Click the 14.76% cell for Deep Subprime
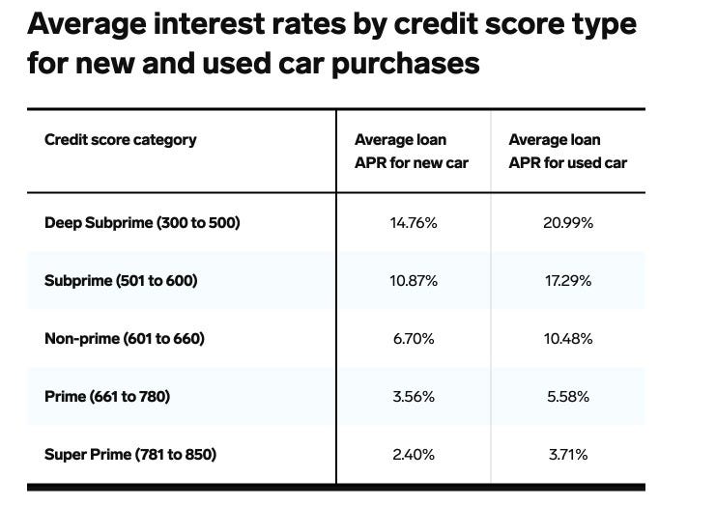(413, 223)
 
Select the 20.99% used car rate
(567, 223)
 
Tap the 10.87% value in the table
(413, 281)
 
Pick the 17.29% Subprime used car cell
(567, 281)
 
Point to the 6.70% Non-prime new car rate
(413, 339)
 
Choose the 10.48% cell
(567, 339)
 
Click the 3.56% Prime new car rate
(413, 396)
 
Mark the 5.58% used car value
(567, 396)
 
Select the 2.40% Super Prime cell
(413, 454)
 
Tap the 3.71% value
(567, 454)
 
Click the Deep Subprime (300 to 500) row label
(142, 223)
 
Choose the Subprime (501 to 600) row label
(121, 281)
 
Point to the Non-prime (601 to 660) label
(125, 339)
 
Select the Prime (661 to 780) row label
(107, 396)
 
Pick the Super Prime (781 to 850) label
(130, 454)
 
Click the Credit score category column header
(120, 140)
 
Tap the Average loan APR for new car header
(411, 152)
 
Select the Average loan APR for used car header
(567, 152)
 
